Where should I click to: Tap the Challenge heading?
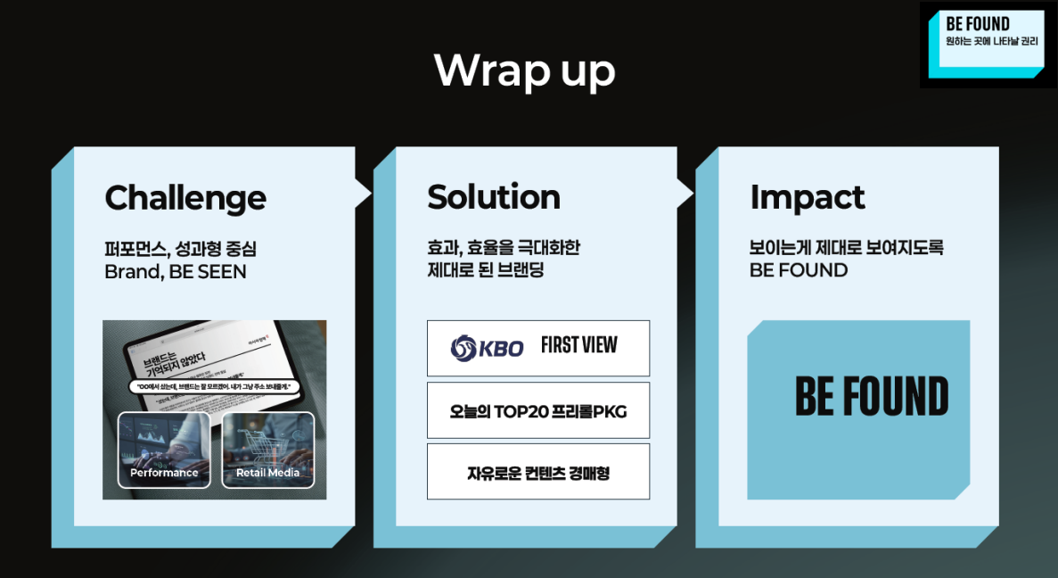[185, 197]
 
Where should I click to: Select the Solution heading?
[494, 197]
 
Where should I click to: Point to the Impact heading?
[808, 197]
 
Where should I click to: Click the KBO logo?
[488, 348]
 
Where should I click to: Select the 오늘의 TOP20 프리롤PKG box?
[538, 410]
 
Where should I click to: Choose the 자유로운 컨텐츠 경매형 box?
[538, 472]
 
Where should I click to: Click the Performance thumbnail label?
[164, 473]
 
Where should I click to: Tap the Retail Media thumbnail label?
[267, 473]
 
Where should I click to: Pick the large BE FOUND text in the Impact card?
[871, 398]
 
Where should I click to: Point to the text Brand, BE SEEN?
[176, 271]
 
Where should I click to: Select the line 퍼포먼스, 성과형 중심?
[180, 248]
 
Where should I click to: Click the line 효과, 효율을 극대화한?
[504, 248]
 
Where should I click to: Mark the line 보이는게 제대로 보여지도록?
[846, 248]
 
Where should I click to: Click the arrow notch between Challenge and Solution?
[364, 192]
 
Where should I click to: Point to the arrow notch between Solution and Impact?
[685, 192]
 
